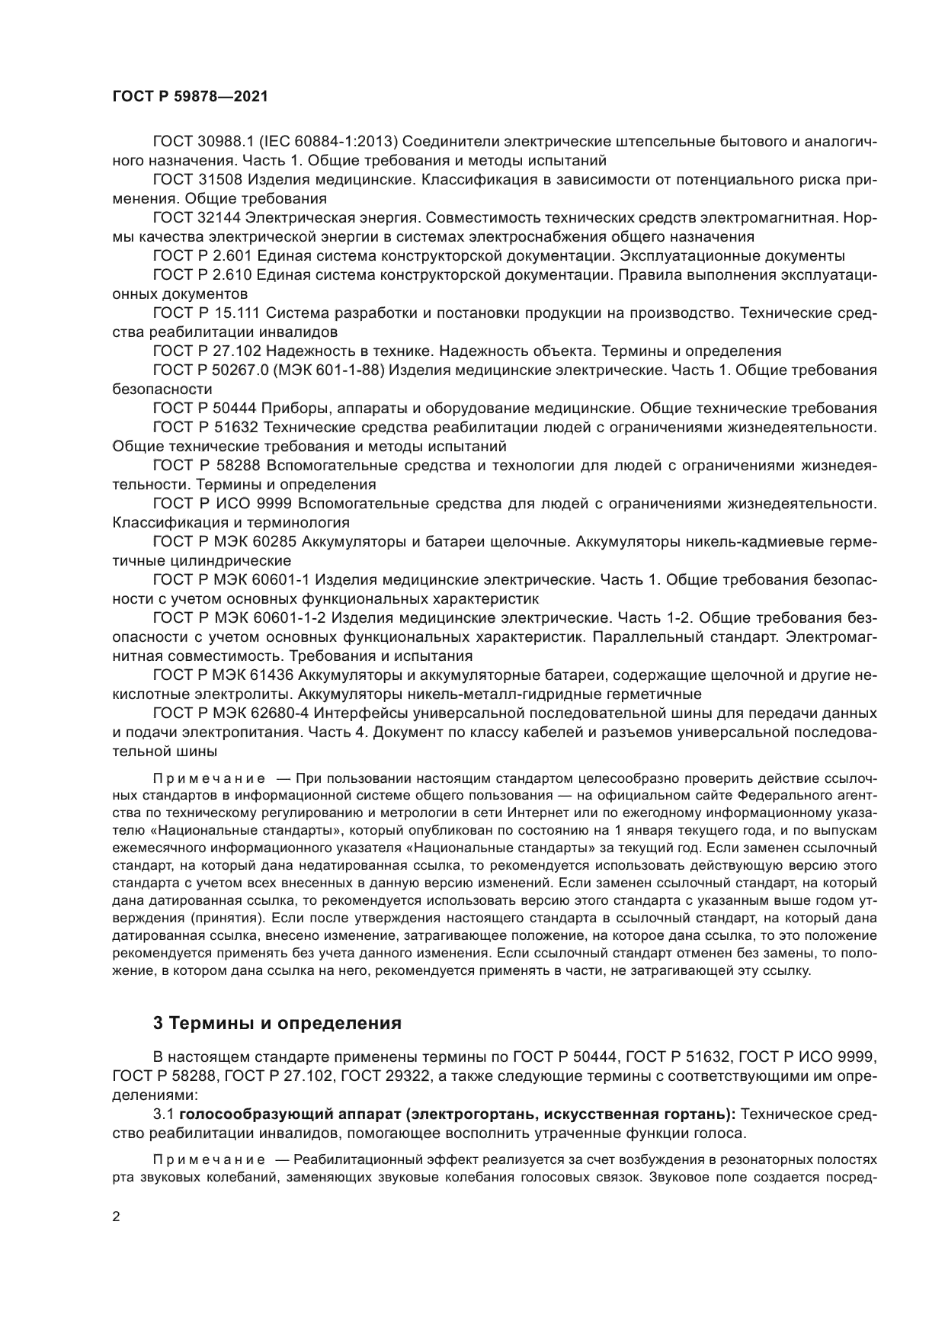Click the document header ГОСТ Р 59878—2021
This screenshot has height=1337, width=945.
pyautogui.click(x=190, y=97)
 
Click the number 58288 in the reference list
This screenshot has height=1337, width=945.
pyautogui.click(x=236, y=465)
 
